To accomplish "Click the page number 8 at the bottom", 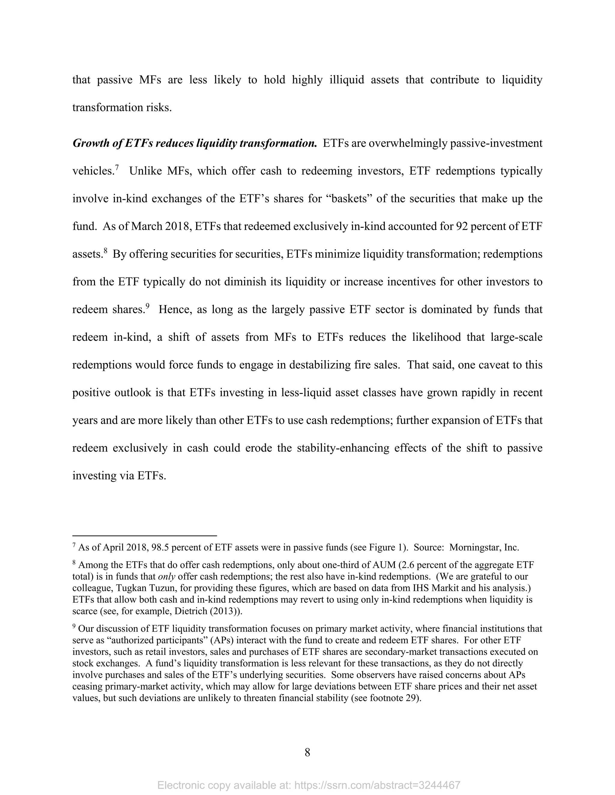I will pyautogui.click(x=307, y=752).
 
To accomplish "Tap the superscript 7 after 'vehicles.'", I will pyautogui.click(x=117, y=168).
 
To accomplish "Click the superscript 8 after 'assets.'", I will pyautogui.click(x=105, y=250).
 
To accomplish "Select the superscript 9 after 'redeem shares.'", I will pyautogui.click(x=147, y=306).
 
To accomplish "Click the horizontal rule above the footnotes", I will pyautogui.click(x=145, y=535).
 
